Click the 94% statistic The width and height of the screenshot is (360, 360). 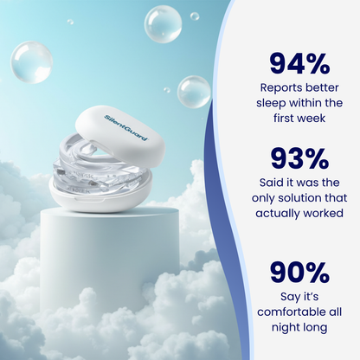(299, 64)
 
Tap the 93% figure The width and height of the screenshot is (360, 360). (299, 159)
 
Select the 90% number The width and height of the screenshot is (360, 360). (299, 272)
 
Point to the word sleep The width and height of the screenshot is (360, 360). (274, 102)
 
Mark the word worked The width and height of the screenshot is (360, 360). (321, 212)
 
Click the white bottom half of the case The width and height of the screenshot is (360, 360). (100, 200)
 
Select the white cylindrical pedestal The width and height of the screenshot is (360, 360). (95, 260)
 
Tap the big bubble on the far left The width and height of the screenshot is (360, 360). (32, 62)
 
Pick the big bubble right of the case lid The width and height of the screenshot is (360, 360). (194, 92)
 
